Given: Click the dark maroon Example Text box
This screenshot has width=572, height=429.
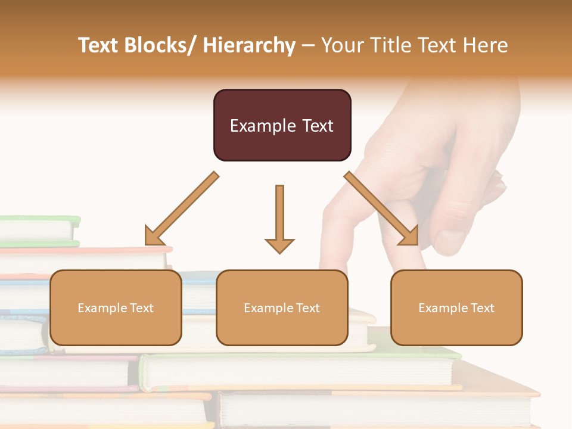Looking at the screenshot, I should point(282,125).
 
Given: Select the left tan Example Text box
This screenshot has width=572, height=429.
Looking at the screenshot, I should point(116,307).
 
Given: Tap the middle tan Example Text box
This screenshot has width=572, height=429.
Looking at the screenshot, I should point(282,307).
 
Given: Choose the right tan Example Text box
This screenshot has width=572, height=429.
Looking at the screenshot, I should point(456,307).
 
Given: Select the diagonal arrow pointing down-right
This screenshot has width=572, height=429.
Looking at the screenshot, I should point(381,209).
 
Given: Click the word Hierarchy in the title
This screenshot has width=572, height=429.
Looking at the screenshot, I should point(249,45).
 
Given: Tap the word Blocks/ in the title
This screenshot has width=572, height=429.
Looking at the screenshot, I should point(157,45).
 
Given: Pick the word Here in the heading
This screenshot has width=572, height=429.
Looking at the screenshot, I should point(486,45).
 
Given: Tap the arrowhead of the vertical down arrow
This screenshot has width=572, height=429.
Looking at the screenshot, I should point(279,245).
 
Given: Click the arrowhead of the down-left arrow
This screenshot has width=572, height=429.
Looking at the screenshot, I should point(153,237).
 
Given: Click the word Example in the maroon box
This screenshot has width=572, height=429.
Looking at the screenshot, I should point(255,126).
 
